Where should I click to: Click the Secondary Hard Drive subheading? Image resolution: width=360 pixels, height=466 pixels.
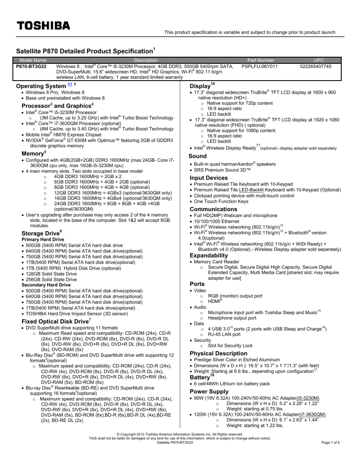coord(43,285)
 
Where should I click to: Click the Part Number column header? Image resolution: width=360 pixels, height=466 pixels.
coord(258,60)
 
